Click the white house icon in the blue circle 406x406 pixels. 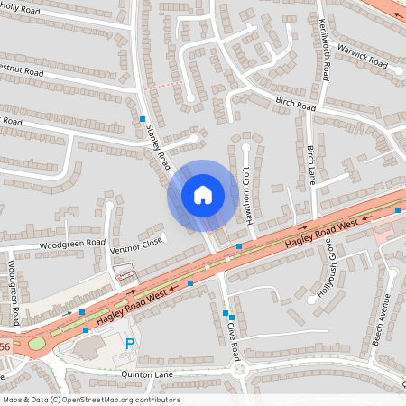pos(203,195)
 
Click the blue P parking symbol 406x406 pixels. pos(130,343)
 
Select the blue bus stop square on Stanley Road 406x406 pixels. pos(142,119)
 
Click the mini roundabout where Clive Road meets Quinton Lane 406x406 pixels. pos(238,369)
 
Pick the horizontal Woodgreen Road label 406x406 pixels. pos(72,244)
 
